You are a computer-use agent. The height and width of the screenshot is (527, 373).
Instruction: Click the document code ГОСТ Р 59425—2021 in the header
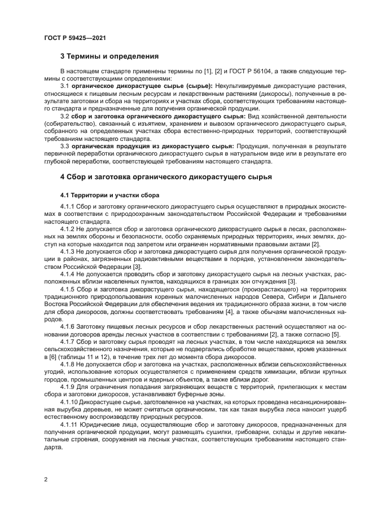pyautogui.click(x=75, y=38)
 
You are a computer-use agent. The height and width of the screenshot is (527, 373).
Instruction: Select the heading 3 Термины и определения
pyautogui.click(x=109, y=56)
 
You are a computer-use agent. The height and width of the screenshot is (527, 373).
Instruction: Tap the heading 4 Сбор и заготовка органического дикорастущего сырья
pyautogui.click(x=166, y=176)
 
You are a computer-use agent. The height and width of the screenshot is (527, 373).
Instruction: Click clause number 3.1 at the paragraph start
pyautogui.click(x=65, y=86)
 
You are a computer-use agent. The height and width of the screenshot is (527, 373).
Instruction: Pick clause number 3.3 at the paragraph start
pyautogui.click(x=65, y=146)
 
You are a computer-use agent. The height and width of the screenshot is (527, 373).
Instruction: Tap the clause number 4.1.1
pyautogui.click(x=67, y=207)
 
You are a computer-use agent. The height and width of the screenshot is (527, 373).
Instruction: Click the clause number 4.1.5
pyautogui.click(x=67, y=289)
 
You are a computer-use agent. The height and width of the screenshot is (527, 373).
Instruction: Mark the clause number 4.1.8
pyautogui.click(x=67, y=364)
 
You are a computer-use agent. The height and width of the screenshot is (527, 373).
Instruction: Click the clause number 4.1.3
pyautogui.click(x=67, y=251)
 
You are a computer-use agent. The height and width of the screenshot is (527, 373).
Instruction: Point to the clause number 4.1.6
pyautogui.click(x=67, y=327)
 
